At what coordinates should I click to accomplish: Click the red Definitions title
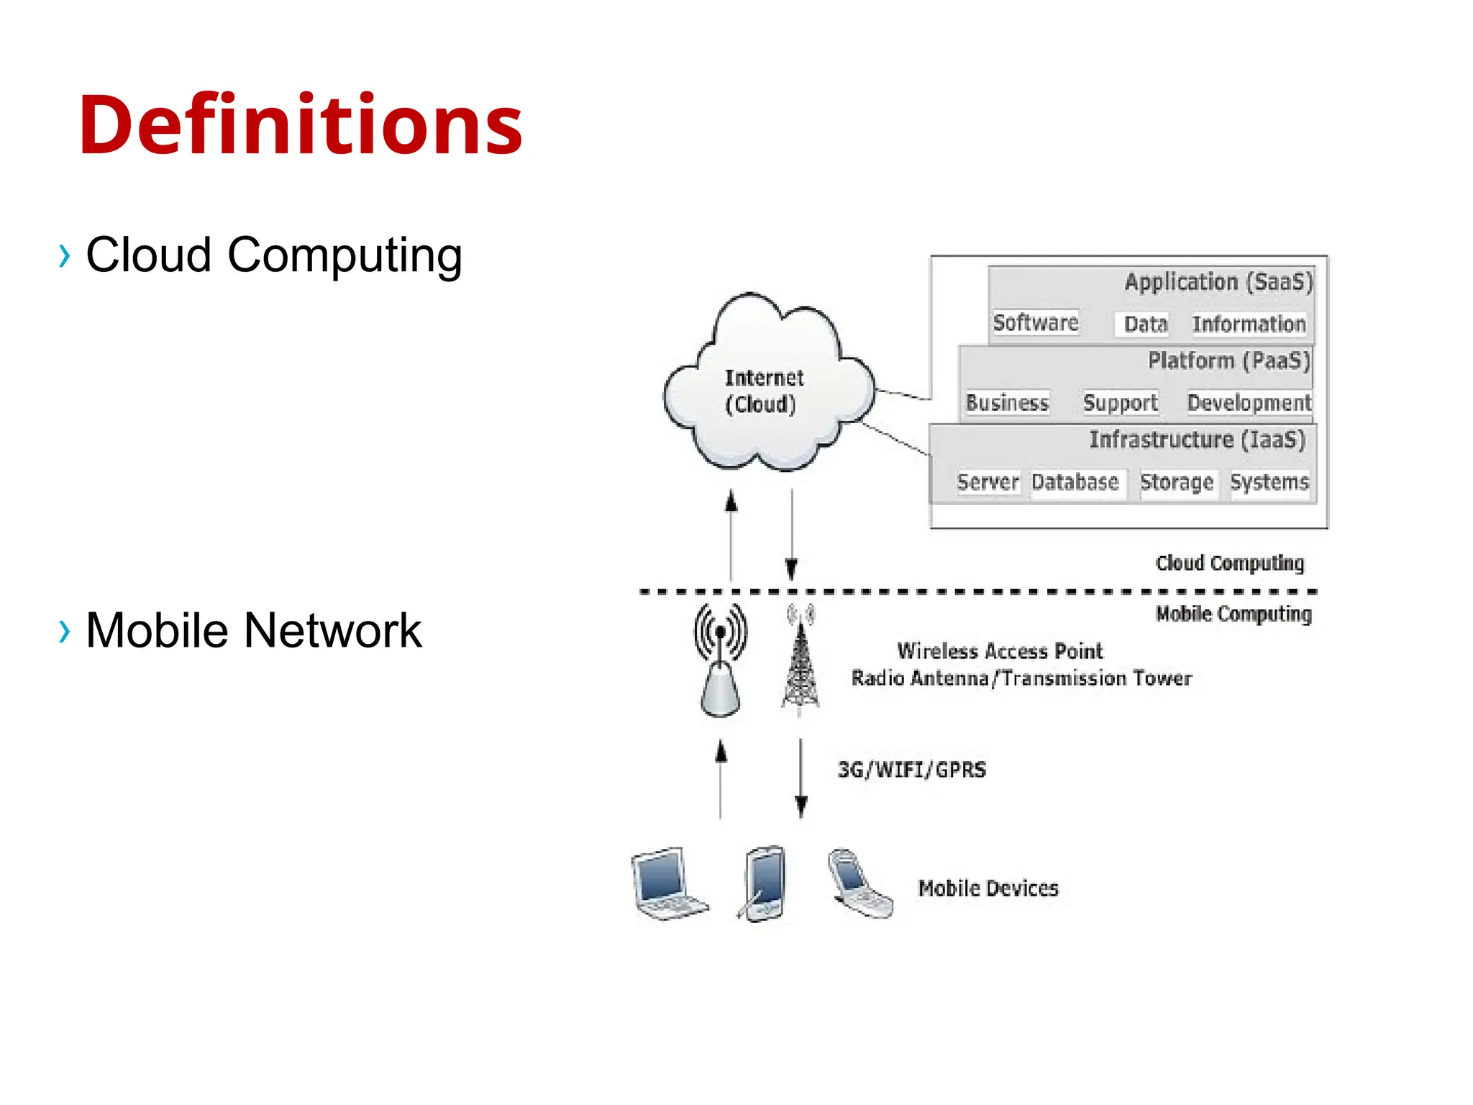click(x=301, y=125)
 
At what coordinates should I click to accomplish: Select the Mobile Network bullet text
click(x=253, y=630)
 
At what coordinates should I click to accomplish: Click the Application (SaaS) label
click(x=1218, y=281)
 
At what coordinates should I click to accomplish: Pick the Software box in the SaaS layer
click(x=1035, y=322)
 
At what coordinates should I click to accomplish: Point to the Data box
click(x=1145, y=324)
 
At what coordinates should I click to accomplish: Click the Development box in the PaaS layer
click(x=1249, y=402)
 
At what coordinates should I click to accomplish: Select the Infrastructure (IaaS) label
click(x=1197, y=439)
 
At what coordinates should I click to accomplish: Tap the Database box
click(x=1075, y=481)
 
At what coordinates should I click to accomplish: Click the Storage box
click(x=1177, y=481)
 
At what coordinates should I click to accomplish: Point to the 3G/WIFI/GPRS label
click(x=911, y=770)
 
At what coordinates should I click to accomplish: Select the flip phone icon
click(x=859, y=883)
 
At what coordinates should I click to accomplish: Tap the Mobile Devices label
click(x=988, y=888)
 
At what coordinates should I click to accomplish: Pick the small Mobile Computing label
click(x=1233, y=614)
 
